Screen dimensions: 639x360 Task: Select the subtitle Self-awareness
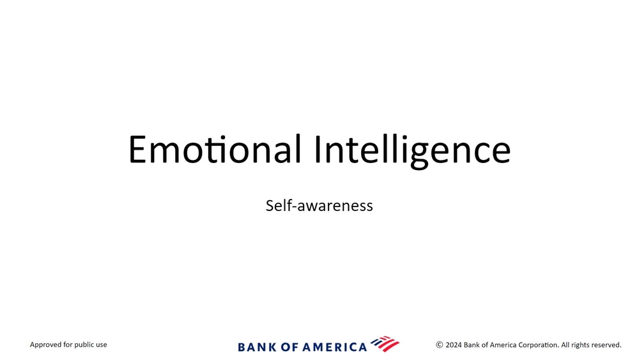pyautogui.click(x=319, y=205)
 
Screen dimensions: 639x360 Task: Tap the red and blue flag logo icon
pyautogui.click(x=385, y=343)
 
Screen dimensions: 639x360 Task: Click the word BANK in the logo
pyautogui.click(x=257, y=347)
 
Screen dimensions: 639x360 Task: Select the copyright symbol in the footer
pyautogui.click(x=440, y=345)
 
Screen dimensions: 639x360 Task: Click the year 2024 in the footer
pyautogui.click(x=454, y=345)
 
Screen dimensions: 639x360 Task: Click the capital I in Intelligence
pyautogui.click(x=318, y=149)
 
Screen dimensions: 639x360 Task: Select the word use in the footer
pyautogui.click(x=102, y=345)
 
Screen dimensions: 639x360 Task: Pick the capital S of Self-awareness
pyautogui.click(x=270, y=205)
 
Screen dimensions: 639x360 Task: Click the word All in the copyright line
pyautogui.click(x=566, y=345)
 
